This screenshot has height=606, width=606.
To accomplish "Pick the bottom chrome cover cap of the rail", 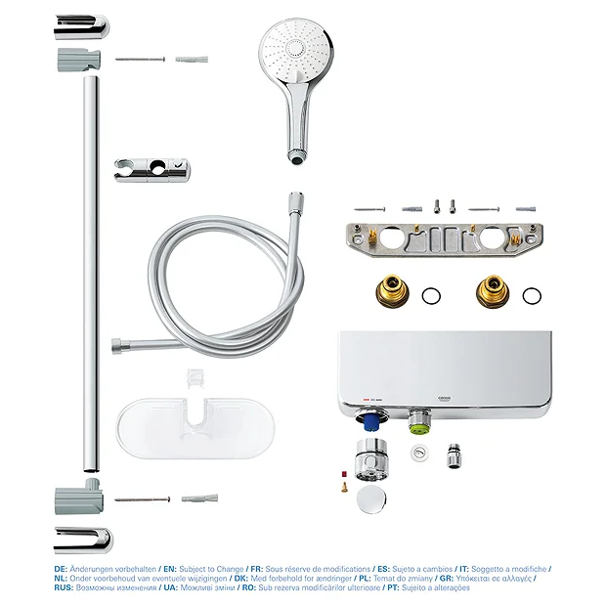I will [x=83, y=538].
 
